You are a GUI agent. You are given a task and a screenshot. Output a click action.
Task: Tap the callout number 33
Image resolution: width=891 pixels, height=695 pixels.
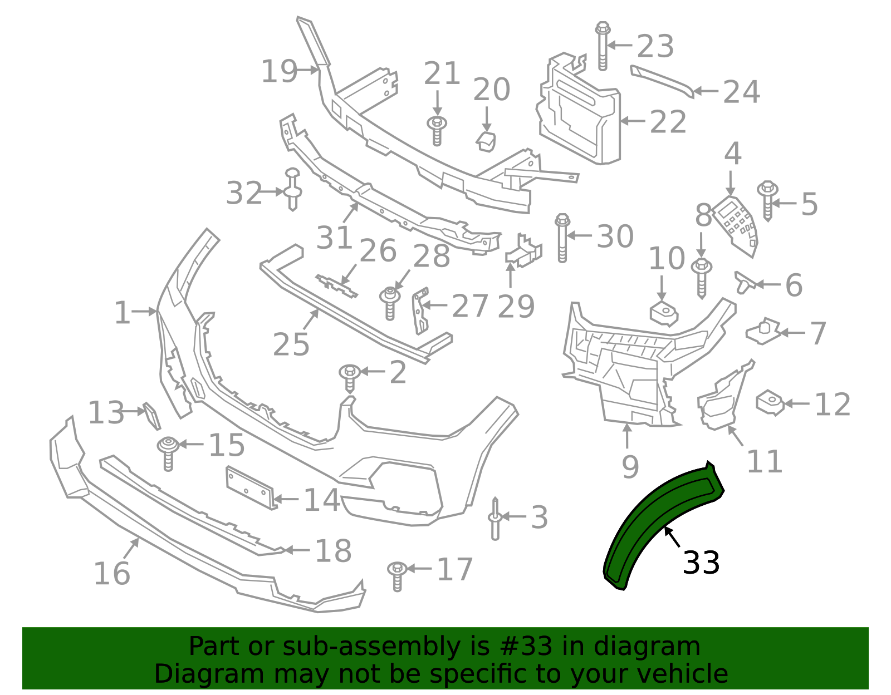(x=701, y=563)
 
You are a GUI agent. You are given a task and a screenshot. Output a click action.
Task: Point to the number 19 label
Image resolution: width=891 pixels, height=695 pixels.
(x=280, y=71)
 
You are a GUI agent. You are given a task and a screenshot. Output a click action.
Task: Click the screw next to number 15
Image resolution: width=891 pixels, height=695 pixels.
(x=168, y=452)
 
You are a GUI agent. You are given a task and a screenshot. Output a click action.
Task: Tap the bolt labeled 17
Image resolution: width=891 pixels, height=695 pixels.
(x=396, y=575)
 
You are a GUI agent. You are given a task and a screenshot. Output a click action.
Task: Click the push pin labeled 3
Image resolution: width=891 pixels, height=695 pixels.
(x=495, y=518)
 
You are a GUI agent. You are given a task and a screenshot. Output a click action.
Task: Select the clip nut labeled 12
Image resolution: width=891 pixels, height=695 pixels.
(x=770, y=402)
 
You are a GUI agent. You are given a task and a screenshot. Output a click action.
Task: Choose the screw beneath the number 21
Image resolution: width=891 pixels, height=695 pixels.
(x=437, y=131)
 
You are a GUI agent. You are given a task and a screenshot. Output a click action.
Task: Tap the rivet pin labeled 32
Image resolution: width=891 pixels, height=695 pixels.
(x=293, y=189)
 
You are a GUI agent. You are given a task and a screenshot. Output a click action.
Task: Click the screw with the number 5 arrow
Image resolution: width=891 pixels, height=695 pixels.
(x=767, y=200)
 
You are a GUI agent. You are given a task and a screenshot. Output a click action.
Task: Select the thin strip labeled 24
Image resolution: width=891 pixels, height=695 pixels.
(x=663, y=81)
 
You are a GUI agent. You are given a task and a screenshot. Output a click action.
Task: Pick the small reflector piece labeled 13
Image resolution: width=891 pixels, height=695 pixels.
(x=151, y=416)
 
